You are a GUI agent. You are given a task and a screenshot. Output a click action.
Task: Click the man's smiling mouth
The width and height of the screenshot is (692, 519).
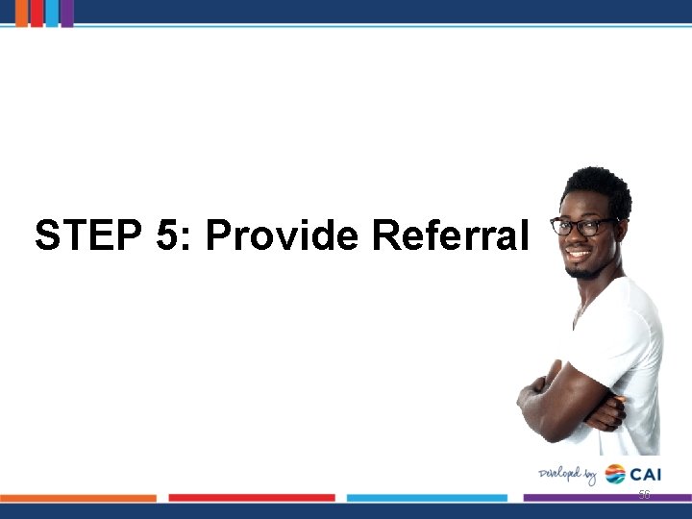point(579,257)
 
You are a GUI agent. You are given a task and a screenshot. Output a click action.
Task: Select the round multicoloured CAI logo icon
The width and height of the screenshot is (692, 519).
point(614,474)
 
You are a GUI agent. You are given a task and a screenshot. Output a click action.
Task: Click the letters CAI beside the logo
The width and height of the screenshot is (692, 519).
point(646,474)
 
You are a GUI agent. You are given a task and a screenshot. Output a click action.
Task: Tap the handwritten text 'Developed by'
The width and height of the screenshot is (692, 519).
point(568,474)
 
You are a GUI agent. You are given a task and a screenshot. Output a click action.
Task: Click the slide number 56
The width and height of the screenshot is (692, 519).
point(644,494)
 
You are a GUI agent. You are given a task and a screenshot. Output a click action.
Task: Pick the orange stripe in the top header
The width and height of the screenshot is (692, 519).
point(21,12)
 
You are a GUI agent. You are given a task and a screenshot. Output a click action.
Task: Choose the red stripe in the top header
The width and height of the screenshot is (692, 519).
point(37,12)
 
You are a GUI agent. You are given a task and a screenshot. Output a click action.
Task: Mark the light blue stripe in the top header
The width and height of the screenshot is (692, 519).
point(52,12)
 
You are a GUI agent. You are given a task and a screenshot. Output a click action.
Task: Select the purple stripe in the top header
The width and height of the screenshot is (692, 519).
point(67,12)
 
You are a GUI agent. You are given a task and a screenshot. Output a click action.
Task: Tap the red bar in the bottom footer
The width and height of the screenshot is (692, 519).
point(252,498)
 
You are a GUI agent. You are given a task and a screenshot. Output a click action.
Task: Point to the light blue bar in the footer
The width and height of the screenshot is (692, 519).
point(427,498)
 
